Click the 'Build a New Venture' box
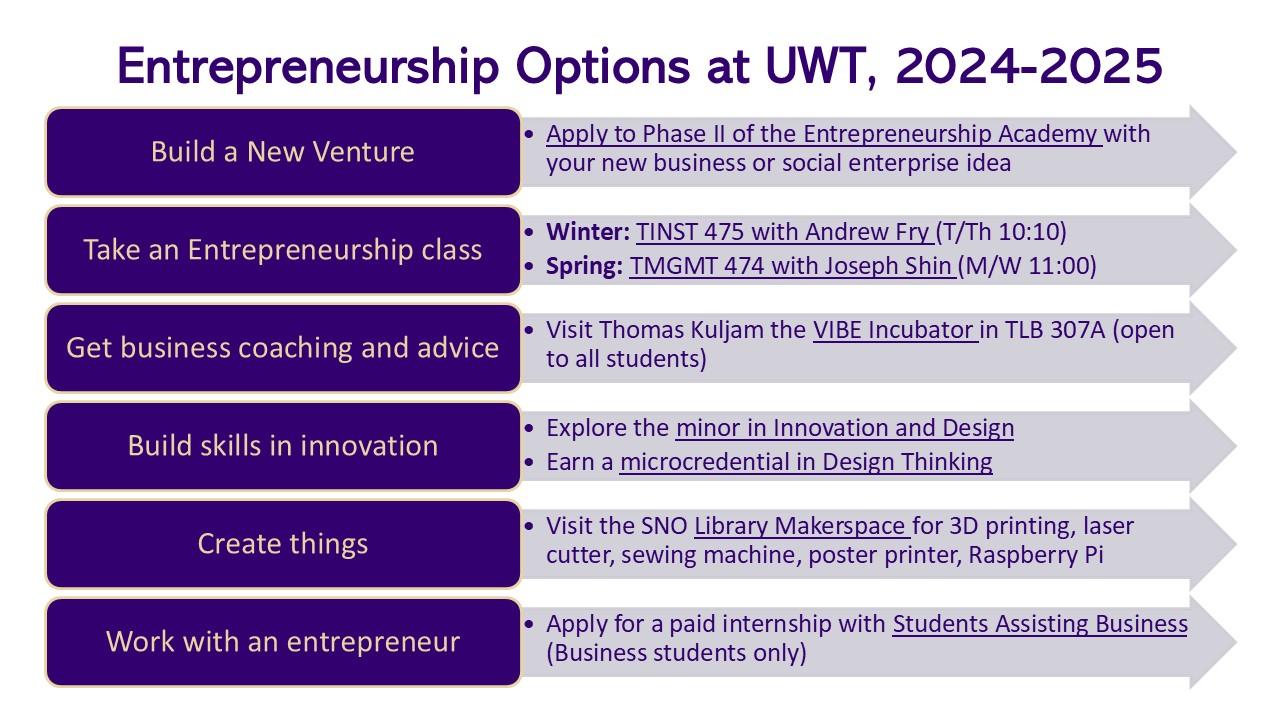(x=283, y=152)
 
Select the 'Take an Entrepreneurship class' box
(x=283, y=250)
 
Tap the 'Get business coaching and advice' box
(x=283, y=348)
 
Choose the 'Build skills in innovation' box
(x=283, y=446)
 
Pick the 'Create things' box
(x=283, y=544)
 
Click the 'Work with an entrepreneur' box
(x=283, y=642)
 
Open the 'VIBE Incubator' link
(x=895, y=330)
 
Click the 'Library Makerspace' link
(x=802, y=526)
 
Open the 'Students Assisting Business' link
(x=1040, y=624)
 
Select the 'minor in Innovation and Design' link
(x=845, y=429)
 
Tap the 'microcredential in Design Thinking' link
(x=806, y=462)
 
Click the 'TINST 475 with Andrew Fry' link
(x=785, y=233)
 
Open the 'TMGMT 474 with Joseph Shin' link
(x=793, y=266)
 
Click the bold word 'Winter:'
(x=588, y=233)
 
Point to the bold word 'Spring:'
(x=585, y=267)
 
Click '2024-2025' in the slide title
(x=1029, y=66)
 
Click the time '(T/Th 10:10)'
(x=1001, y=233)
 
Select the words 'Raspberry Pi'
(x=1036, y=556)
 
